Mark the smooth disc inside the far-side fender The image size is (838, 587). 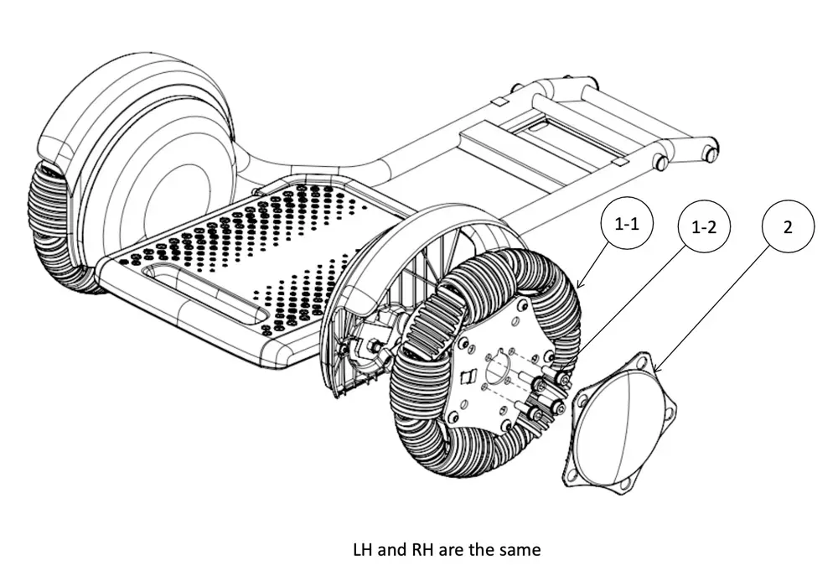click(168, 193)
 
